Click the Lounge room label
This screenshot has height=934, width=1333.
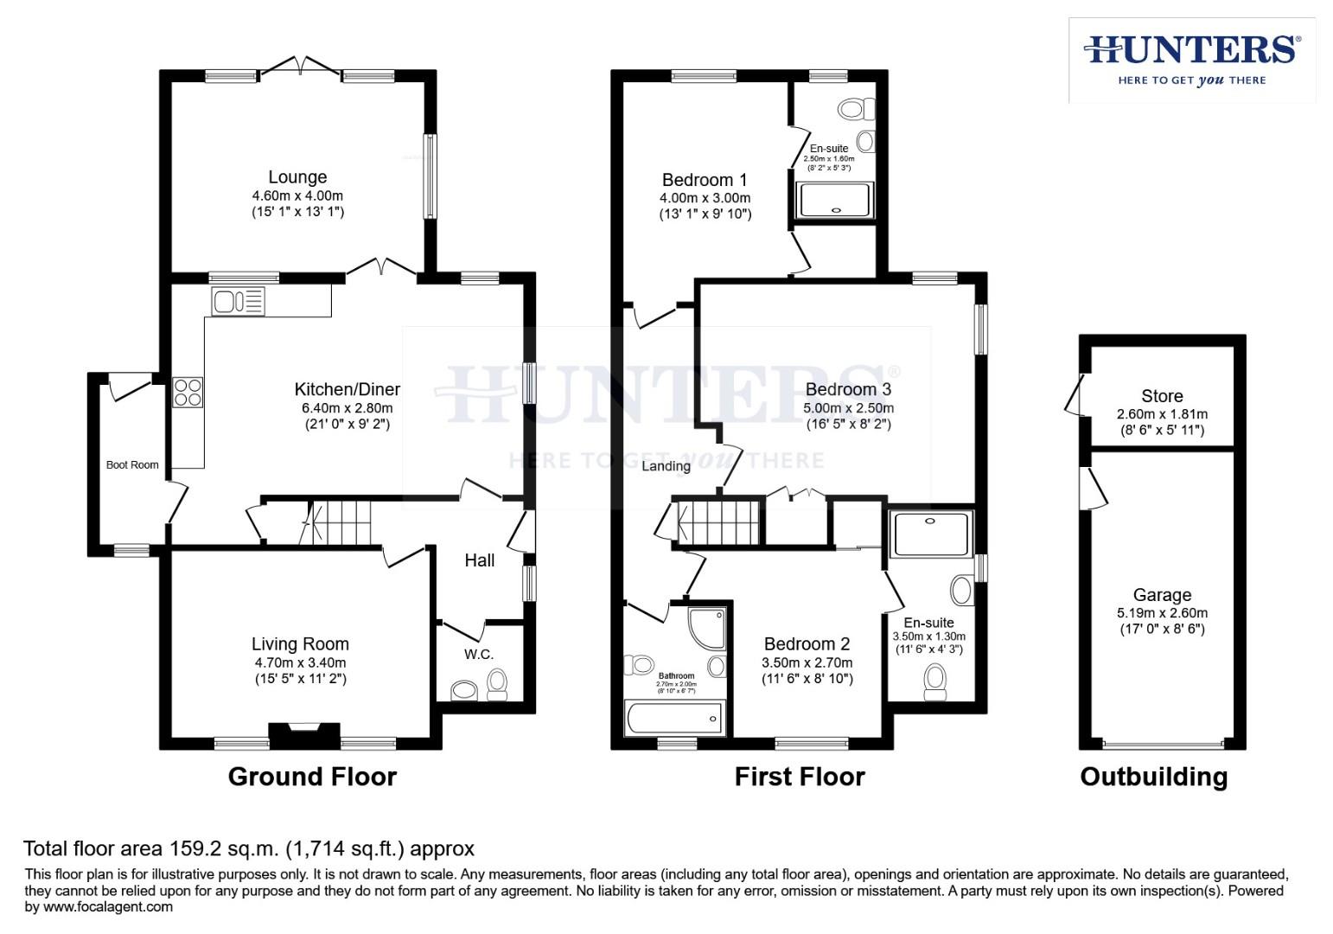pos(297,177)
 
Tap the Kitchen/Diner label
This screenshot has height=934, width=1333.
pos(348,389)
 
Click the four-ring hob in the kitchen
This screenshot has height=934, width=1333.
pos(188,393)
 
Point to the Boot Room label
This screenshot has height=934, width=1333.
pos(132,465)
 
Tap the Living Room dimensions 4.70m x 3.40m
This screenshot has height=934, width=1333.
pos(300,662)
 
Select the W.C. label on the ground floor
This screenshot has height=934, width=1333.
pos(478,655)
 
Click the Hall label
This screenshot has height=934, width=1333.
pos(479,560)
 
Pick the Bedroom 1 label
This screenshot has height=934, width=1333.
pos(704,180)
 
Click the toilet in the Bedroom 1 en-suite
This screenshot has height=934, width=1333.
pos(854,108)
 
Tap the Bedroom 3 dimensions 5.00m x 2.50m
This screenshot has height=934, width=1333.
pos(848,408)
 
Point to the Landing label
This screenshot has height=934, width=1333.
pos(666,466)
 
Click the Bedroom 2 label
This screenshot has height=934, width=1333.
pos(807,644)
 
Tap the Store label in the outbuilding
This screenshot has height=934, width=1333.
pos(1161,396)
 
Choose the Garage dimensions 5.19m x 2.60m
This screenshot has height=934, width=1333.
pos(1162,613)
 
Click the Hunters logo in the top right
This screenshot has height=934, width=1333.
pos(1192,59)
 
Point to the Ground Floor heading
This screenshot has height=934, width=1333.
pos(312,777)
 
